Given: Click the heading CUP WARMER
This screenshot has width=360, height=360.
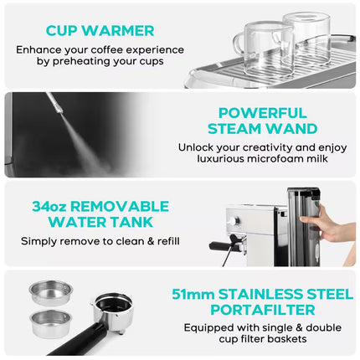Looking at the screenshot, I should pos(100,31).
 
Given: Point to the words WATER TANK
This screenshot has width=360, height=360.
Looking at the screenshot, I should pos(100,223).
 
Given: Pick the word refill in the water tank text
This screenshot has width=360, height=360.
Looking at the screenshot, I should pos(163,241).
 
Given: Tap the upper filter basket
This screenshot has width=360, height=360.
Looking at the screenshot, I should pos(50,291).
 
